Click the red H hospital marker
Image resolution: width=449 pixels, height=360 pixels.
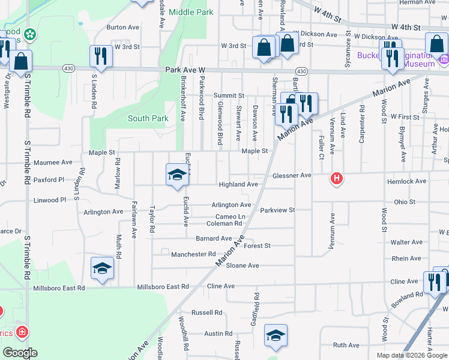(337, 179)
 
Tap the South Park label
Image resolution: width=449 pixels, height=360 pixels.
(148, 118)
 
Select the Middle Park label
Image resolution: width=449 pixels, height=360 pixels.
(191, 11)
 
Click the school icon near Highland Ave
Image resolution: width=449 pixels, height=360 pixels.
(176, 175)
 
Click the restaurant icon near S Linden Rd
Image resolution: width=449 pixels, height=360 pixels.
(100, 56)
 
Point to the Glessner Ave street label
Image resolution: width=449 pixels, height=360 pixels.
(292, 175)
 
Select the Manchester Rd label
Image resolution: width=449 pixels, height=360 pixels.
(193, 254)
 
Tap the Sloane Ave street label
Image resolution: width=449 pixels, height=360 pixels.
(243, 265)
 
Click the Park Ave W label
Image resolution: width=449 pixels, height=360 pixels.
(185, 70)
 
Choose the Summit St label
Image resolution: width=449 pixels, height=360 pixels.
(229, 95)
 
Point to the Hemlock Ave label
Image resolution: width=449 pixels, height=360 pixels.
(407, 181)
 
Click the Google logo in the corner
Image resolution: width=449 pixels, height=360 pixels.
(20, 352)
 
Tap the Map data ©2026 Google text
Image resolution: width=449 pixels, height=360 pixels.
(411, 355)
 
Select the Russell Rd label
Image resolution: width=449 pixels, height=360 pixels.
(206, 313)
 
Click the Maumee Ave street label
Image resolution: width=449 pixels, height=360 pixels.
(53, 162)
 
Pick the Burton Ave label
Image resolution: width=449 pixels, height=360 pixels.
(122, 27)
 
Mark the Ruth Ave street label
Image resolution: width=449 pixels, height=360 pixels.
(346, 345)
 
